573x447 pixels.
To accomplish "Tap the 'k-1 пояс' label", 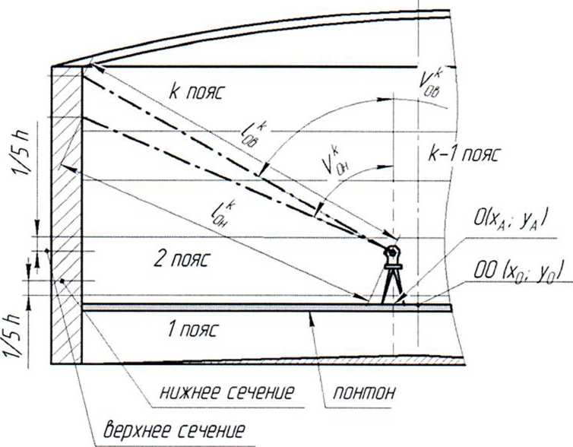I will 461,154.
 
